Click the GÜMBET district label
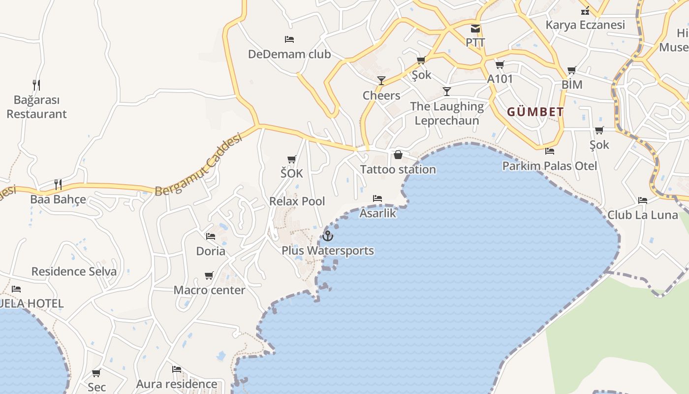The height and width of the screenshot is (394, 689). [x=535, y=112]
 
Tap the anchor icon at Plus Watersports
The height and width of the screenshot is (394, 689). [x=327, y=236]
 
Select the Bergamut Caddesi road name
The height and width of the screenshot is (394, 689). [x=199, y=165]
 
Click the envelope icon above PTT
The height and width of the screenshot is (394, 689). [x=475, y=29]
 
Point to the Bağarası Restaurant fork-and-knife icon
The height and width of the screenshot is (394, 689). [x=36, y=85]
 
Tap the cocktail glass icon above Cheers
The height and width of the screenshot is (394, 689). [x=381, y=81]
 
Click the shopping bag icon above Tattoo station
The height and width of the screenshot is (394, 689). [x=398, y=155]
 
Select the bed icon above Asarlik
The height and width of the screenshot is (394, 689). [x=377, y=198]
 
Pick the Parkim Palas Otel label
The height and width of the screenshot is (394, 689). [x=549, y=166]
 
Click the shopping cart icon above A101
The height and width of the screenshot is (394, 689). [x=500, y=65]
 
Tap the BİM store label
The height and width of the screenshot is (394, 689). [x=572, y=85]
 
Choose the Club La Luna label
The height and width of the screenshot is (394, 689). [x=642, y=215]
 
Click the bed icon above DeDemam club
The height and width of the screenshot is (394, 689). [x=289, y=39]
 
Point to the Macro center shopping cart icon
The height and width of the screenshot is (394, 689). [x=209, y=275]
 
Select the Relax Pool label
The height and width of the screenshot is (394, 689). [x=297, y=201]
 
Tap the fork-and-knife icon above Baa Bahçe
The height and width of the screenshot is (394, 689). [x=58, y=185]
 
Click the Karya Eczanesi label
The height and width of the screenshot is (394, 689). [x=585, y=25]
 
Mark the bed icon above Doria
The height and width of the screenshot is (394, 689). [x=211, y=236]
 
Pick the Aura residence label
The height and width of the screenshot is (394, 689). [x=176, y=384]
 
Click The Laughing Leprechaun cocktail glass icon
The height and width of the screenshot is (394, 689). [x=446, y=92]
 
